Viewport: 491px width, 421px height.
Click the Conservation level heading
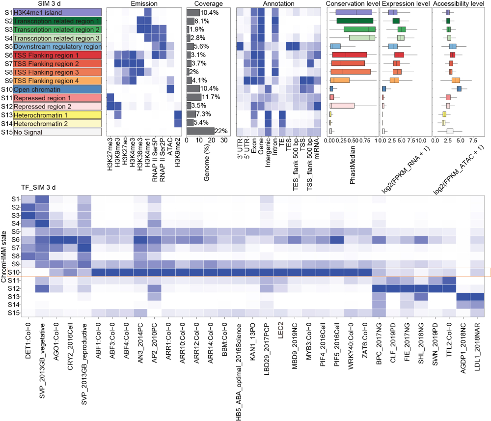(353, 4)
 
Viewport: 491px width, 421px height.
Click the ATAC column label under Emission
(170, 146)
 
